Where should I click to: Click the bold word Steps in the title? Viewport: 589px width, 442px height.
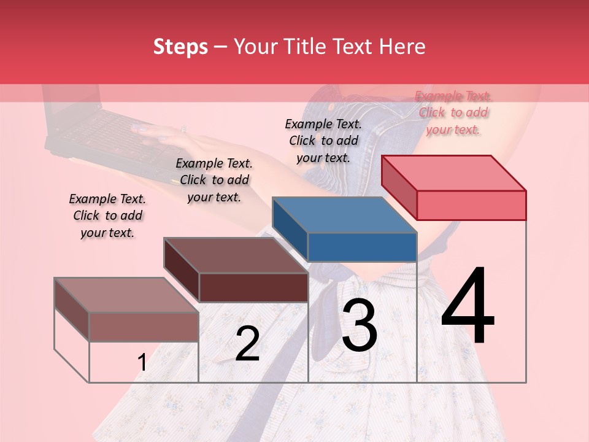coord(180,47)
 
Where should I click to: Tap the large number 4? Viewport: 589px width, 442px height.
coord(468,307)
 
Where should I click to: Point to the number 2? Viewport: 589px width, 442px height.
coord(247,344)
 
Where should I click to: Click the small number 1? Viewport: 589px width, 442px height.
coord(142,363)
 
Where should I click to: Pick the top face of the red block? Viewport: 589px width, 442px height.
coord(453,173)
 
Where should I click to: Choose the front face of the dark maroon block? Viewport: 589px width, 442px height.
coord(253,287)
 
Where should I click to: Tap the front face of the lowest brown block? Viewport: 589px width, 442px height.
coord(144,327)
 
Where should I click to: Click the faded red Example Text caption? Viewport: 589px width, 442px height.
coord(453,113)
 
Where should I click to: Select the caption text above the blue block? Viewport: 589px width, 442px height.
coord(323,141)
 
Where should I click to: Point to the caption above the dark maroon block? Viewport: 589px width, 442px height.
coord(214,180)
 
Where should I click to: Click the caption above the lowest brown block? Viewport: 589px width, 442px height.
coord(107,215)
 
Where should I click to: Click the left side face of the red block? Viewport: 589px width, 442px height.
coord(399,187)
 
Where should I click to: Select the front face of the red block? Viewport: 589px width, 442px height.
coord(471,205)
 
